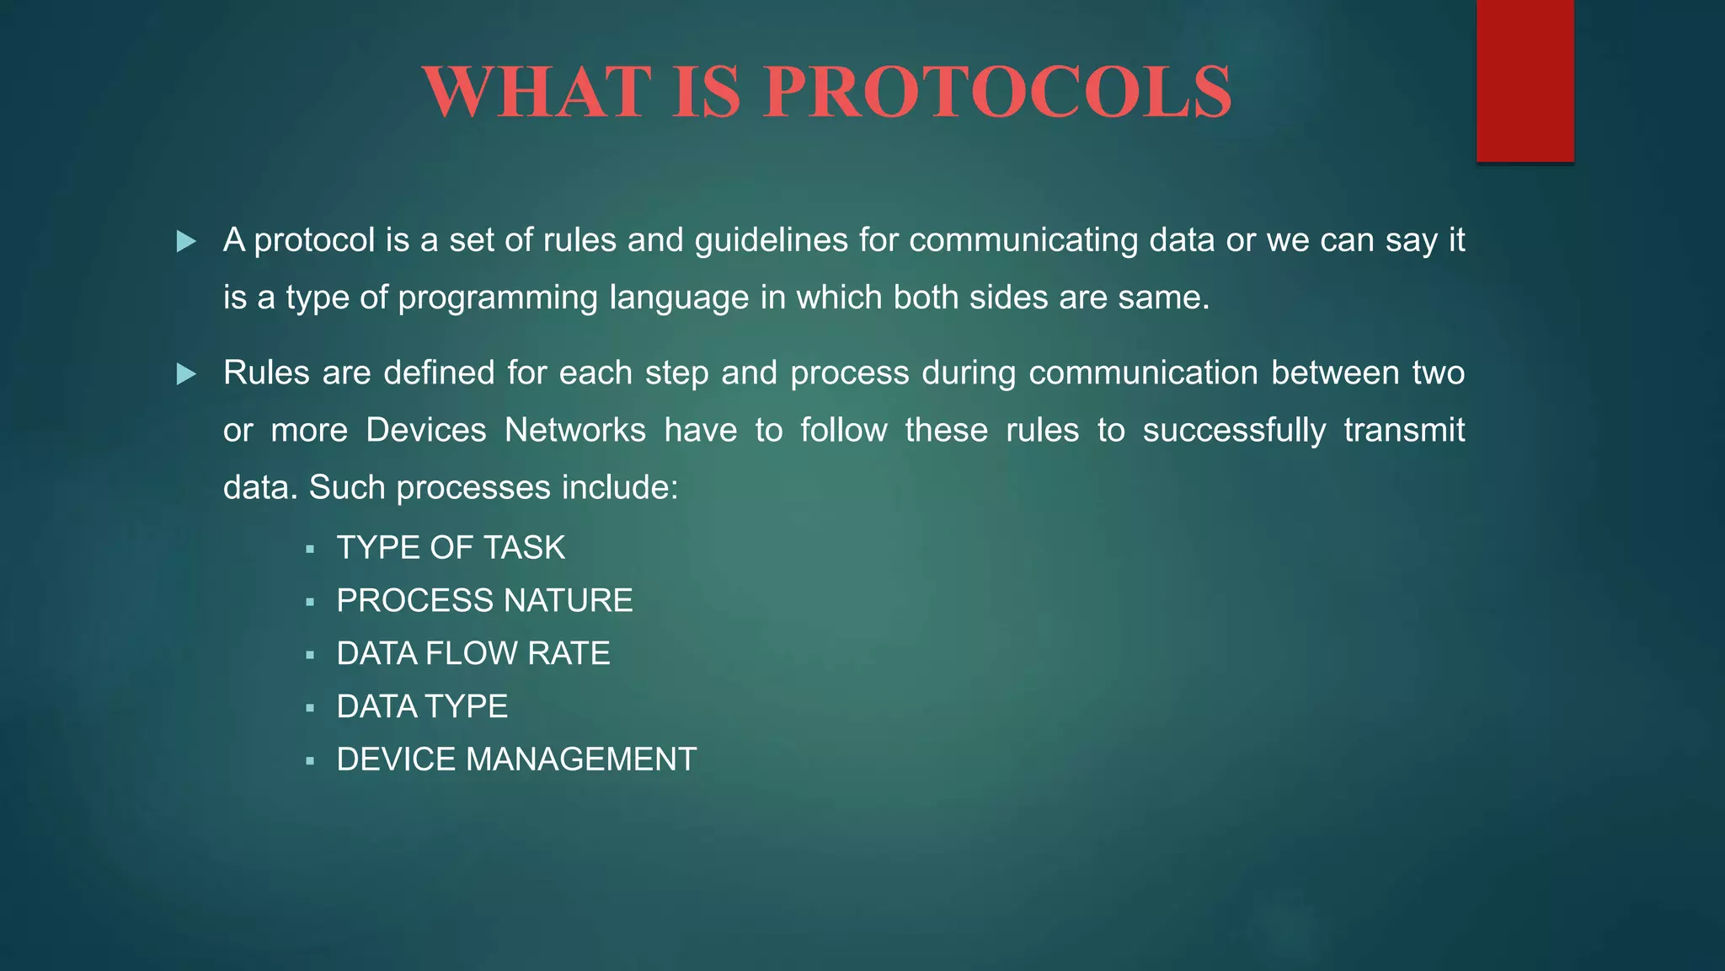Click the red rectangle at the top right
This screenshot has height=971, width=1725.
click(x=1525, y=81)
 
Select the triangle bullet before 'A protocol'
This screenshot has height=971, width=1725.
click(x=186, y=243)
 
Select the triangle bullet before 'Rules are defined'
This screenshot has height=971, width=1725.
click(x=186, y=374)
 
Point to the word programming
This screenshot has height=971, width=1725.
click(x=497, y=298)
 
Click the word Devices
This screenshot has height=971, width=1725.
click(x=426, y=430)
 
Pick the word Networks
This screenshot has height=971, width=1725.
click(x=574, y=430)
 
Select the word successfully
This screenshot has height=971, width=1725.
click(x=1233, y=432)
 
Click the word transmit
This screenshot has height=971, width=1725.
click(x=1404, y=430)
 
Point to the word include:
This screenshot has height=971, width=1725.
click(x=620, y=487)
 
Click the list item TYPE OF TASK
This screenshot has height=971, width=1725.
click(x=451, y=548)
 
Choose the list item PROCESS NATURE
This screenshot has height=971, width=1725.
click(x=484, y=601)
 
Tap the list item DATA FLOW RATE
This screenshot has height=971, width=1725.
click(x=473, y=654)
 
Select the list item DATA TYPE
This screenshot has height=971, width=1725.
click(x=422, y=706)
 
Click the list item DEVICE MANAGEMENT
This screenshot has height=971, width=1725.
click(x=516, y=759)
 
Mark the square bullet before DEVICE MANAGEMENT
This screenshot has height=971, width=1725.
click(x=310, y=761)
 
